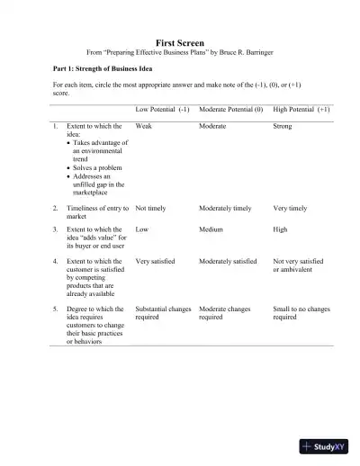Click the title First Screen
[x=180, y=42]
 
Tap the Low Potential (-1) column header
[x=162, y=109]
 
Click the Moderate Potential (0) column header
[x=230, y=109]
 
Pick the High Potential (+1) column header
[x=301, y=109]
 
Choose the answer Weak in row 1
[x=143, y=127]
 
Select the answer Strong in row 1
[x=282, y=127]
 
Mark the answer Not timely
[x=151, y=208]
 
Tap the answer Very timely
[x=290, y=208]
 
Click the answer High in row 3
[x=280, y=229]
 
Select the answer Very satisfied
[x=155, y=261]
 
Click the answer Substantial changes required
[x=163, y=313]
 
